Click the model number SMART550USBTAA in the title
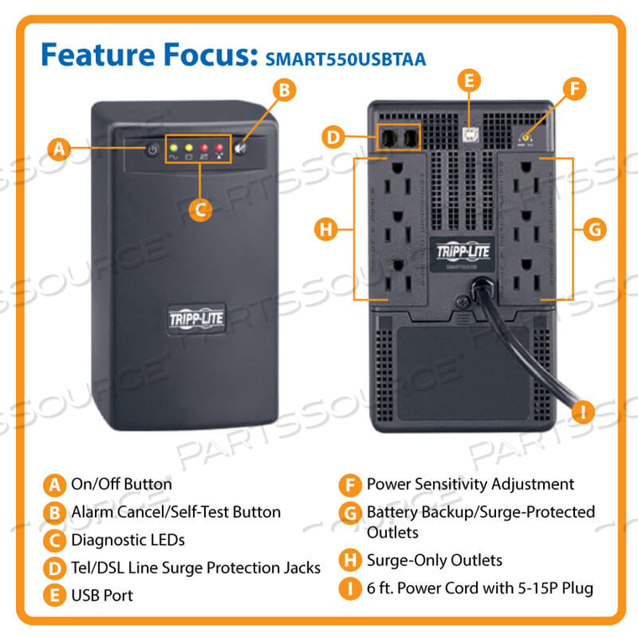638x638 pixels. (x=346, y=60)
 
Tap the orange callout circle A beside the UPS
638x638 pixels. (x=57, y=149)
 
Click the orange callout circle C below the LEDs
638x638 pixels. (x=199, y=209)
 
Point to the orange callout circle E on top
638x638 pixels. (x=470, y=81)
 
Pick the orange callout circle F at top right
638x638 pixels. (x=574, y=90)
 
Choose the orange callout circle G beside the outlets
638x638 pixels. (x=594, y=228)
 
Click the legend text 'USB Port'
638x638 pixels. (x=102, y=595)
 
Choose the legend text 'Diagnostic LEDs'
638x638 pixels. (x=128, y=540)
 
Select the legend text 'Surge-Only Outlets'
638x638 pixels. (x=434, y=560)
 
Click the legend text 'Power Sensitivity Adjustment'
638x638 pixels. (x=470, y=484)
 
